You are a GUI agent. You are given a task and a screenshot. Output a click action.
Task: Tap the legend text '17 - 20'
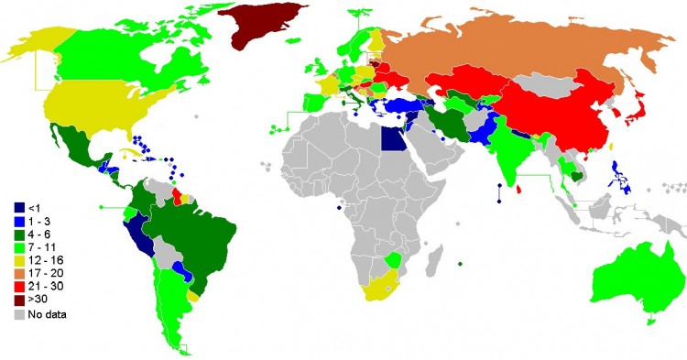(48, 273)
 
